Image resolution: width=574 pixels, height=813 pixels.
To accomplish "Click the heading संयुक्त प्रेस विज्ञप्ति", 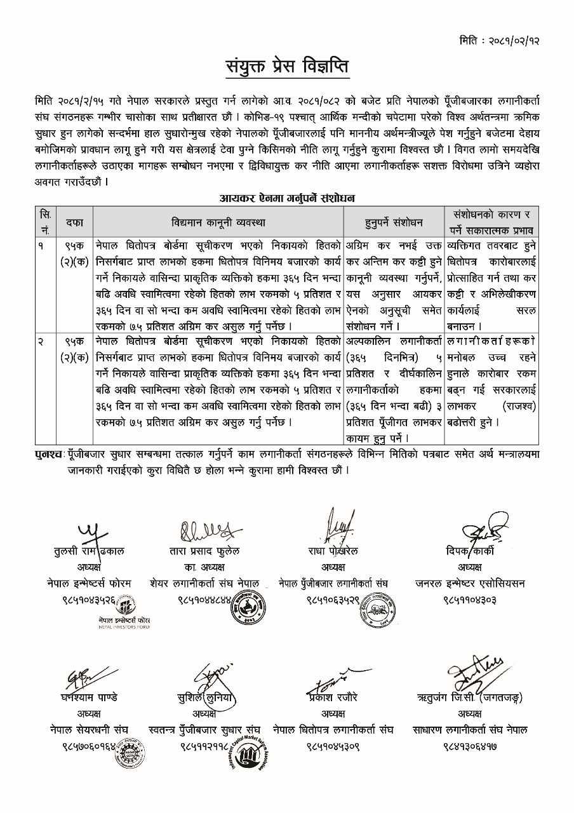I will coord(287,67).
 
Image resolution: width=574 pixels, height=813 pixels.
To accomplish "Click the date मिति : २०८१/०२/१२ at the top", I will coord(500,41).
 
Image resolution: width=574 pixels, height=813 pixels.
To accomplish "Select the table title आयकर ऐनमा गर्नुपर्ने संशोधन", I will coord(286,198).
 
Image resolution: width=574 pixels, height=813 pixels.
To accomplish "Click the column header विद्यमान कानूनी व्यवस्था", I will coord(218,222).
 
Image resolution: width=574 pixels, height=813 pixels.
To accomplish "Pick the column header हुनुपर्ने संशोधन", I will coord(394,222).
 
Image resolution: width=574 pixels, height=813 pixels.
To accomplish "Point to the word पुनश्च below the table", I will coord(51,455).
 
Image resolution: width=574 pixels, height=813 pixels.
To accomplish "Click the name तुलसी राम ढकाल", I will coord(89,551).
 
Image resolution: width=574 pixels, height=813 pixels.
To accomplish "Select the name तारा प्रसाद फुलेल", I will coord(204,551).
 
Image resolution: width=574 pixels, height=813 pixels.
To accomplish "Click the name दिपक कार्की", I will coord(470,551).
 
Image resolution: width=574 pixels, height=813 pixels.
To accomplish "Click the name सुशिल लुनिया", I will coord(206,697).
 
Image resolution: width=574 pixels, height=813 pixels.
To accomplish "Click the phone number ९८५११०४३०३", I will coord(470,599).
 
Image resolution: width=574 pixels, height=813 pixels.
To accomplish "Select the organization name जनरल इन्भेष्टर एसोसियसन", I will coord(470,583).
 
